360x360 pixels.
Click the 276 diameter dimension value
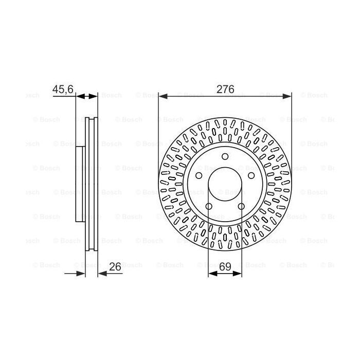[x=225, y=89]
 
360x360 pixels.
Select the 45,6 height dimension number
[x=63, y=89]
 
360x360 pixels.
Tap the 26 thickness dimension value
[x=115, y=267]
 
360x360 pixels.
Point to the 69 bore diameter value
[x=225, y=267]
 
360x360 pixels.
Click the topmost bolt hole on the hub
[x=225, y=156]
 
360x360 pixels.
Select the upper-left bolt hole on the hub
[x=199, y=176]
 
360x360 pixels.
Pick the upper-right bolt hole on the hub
[x=251, y=176]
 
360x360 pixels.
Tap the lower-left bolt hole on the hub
[x=209, y=206]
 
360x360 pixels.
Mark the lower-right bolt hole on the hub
[x=241, y=206]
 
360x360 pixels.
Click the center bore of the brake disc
[x=225, y=184]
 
